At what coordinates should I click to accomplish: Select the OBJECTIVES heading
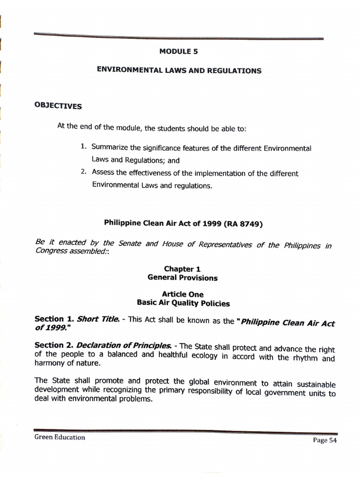point(58,105)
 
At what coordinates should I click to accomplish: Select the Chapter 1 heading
point(179,269)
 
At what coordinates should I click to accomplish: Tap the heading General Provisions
point(182,278)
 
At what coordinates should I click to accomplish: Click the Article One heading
point(183,294)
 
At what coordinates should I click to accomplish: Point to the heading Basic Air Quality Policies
point(183,303)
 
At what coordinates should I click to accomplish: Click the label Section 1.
point(54,319)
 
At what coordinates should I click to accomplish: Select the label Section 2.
point(54,345)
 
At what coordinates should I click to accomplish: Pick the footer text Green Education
point(60,437)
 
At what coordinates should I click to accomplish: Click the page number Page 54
point(324,440)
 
